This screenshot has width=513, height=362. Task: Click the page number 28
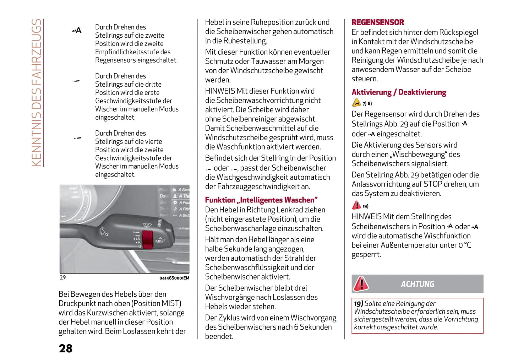coord(66,349)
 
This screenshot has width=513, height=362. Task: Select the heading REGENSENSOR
coord(377,22)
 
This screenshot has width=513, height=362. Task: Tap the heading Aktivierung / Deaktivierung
coord(399,92)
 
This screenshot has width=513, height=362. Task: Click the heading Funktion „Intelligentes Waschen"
coord(261,200)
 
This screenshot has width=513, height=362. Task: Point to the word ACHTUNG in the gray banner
coord(418,284)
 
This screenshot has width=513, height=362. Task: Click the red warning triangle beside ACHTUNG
coord(361,284)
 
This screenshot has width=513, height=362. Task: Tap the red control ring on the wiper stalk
coord(147,239)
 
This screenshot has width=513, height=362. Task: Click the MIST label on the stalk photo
coord(160,241)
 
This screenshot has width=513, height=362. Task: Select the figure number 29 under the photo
coord(63,277)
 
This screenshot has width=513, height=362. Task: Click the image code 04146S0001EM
coord(174,278)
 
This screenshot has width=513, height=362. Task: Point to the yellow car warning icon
coord(356,103)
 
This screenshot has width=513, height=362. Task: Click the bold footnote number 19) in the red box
coord(358,304)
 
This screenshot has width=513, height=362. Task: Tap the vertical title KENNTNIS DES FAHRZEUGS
coord(37,92)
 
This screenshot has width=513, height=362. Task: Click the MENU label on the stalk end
coord(159,223)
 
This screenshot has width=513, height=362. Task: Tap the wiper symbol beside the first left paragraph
coord(77,31)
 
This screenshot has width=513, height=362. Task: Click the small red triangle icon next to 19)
coord(356,205)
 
